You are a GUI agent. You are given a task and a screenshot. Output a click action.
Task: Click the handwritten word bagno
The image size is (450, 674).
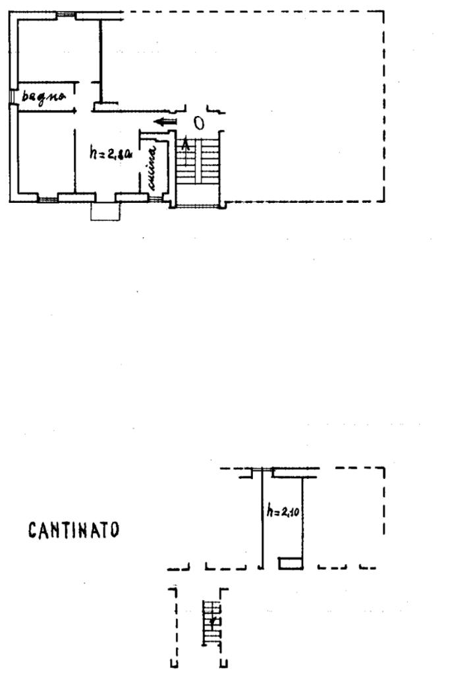coord(44,97)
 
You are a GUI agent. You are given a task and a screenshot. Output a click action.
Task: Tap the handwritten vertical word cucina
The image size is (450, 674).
coord(152,169)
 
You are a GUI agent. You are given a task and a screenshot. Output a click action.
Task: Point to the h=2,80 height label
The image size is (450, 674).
coord(111,154)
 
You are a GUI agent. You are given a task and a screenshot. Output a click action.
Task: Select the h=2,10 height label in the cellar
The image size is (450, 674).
coord(283,509)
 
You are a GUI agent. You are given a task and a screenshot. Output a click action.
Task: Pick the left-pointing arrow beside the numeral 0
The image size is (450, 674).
coord(166,122)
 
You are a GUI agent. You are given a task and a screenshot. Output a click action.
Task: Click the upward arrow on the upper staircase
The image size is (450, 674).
coord(186,144)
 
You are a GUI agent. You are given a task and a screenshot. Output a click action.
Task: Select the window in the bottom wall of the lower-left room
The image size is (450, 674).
coord(47,198)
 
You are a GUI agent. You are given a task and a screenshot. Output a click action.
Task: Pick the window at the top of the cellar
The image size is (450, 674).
coord(263,470)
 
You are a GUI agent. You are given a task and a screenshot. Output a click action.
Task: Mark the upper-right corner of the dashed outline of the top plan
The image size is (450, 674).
coord(384,11)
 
